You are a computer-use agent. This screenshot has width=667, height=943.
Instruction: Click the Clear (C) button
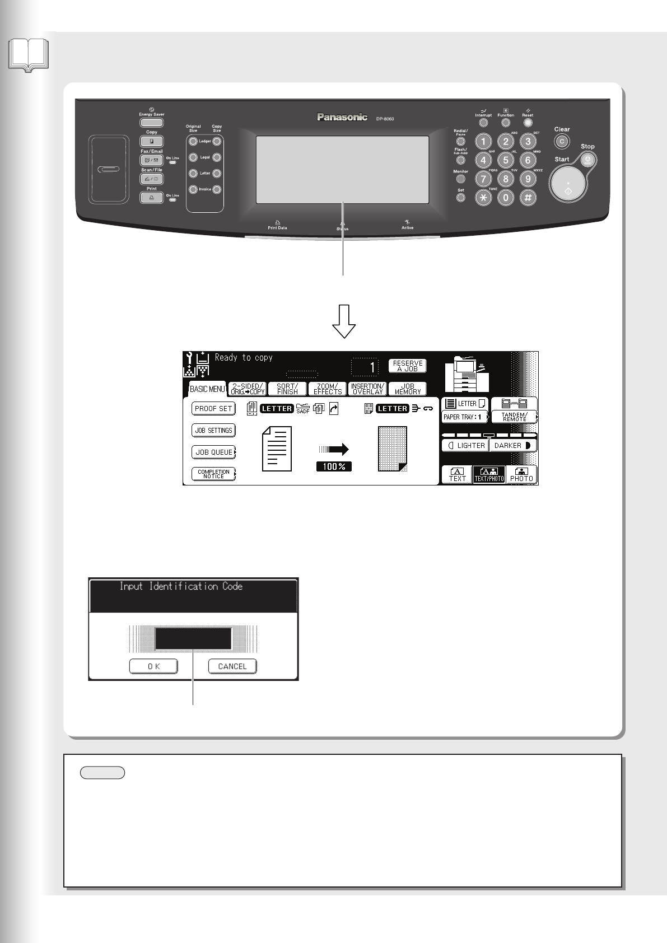[562, 141]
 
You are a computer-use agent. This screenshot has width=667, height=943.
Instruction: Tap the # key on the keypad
[528, 197]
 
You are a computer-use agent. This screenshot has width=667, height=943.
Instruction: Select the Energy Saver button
[151, 123]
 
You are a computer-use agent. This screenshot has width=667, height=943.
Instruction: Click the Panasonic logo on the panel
[342, 117]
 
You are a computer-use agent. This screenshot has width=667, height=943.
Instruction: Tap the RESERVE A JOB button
[408, 366]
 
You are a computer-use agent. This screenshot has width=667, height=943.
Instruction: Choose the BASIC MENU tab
[207, 389]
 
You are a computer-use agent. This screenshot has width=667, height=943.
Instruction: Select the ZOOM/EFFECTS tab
[328, 389]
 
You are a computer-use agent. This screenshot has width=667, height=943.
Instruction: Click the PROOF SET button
[213, 409]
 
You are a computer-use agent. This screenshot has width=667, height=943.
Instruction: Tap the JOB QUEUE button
[214, 452]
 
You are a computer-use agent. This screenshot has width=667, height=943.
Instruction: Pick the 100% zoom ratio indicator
[334, 466]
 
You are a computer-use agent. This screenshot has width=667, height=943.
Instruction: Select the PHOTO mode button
[521, 475]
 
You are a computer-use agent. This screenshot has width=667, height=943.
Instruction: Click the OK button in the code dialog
[154, 666]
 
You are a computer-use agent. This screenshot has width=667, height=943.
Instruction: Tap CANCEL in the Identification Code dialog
[232, 666]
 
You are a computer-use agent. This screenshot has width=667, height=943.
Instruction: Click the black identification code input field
[193, 638]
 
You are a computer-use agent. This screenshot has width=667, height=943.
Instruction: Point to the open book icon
[29, 55]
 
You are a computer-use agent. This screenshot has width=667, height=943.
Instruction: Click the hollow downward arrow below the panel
[344, 321]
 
